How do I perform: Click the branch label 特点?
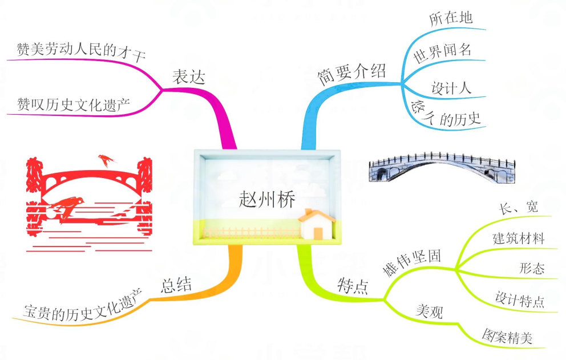353,285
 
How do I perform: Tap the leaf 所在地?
451,18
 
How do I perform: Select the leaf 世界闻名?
442,50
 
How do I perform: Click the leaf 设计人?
451,88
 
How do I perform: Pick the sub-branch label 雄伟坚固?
412,264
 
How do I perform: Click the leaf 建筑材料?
518,238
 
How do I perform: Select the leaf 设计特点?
519,299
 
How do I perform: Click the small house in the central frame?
318,224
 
